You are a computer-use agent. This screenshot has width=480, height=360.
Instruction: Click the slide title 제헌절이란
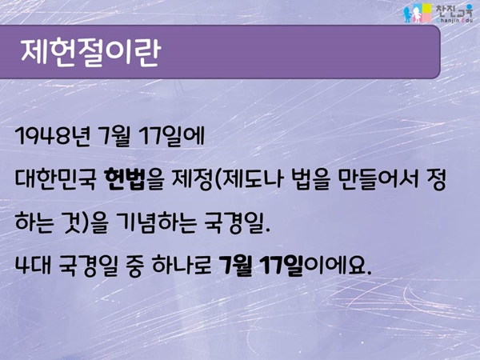(x=90, y=52)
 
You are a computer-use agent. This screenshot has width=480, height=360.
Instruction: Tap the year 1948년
(x=52, y=136)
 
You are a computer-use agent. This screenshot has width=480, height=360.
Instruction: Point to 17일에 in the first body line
(x=171, y=137)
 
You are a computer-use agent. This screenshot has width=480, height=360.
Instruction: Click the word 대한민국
(x=55, y=180)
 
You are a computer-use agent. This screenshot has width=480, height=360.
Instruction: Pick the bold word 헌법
(x=125, y=180)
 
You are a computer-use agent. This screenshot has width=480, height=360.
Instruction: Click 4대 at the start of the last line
(x=31, y=266)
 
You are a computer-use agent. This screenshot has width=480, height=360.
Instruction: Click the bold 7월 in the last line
(x=236, y=266)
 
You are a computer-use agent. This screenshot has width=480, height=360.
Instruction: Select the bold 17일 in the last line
(x=282, y=266)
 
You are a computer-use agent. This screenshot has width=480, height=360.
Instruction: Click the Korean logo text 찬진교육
(x=454, y=10)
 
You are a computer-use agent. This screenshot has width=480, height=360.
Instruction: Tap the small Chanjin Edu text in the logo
(x=454, y=21)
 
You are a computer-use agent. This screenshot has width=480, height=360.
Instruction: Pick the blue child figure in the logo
(x=407, y=14)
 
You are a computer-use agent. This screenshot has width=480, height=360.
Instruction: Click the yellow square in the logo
(x=427, y=9)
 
